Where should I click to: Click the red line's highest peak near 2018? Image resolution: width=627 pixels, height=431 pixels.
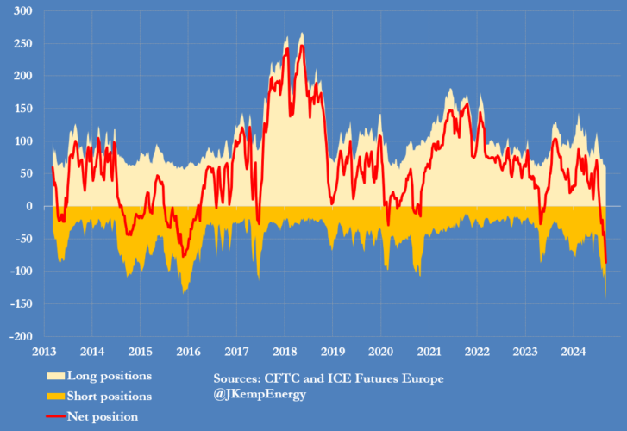coord(302,45)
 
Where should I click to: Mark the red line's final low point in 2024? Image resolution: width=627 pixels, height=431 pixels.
coord(606,263)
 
